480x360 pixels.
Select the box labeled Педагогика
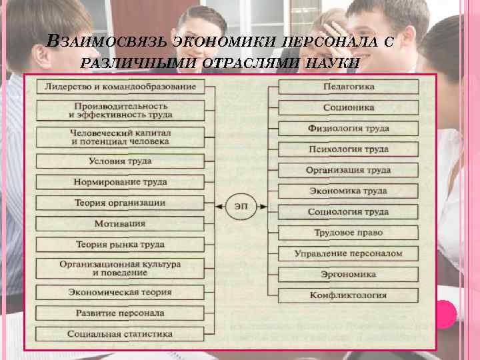[349, 87]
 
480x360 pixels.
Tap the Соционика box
[349, 107]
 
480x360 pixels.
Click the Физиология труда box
[349, 129]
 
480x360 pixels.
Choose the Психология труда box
[349, 149]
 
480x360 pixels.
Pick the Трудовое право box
[349, 233]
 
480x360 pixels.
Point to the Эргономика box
[349, 274]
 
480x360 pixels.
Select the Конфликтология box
[349, 295]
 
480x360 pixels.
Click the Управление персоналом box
[349, 253]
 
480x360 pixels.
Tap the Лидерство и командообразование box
[120, 87]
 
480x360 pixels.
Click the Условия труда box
[120, 161]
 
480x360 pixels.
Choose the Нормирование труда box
[120, 182]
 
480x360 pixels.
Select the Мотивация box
[120, 223]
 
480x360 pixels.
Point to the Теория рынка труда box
[120, 244]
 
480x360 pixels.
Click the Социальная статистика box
[120, 333]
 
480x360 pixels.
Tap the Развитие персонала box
[120, 312]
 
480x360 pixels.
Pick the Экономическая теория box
[120, 291]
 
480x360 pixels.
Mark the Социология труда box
[349, 212]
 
